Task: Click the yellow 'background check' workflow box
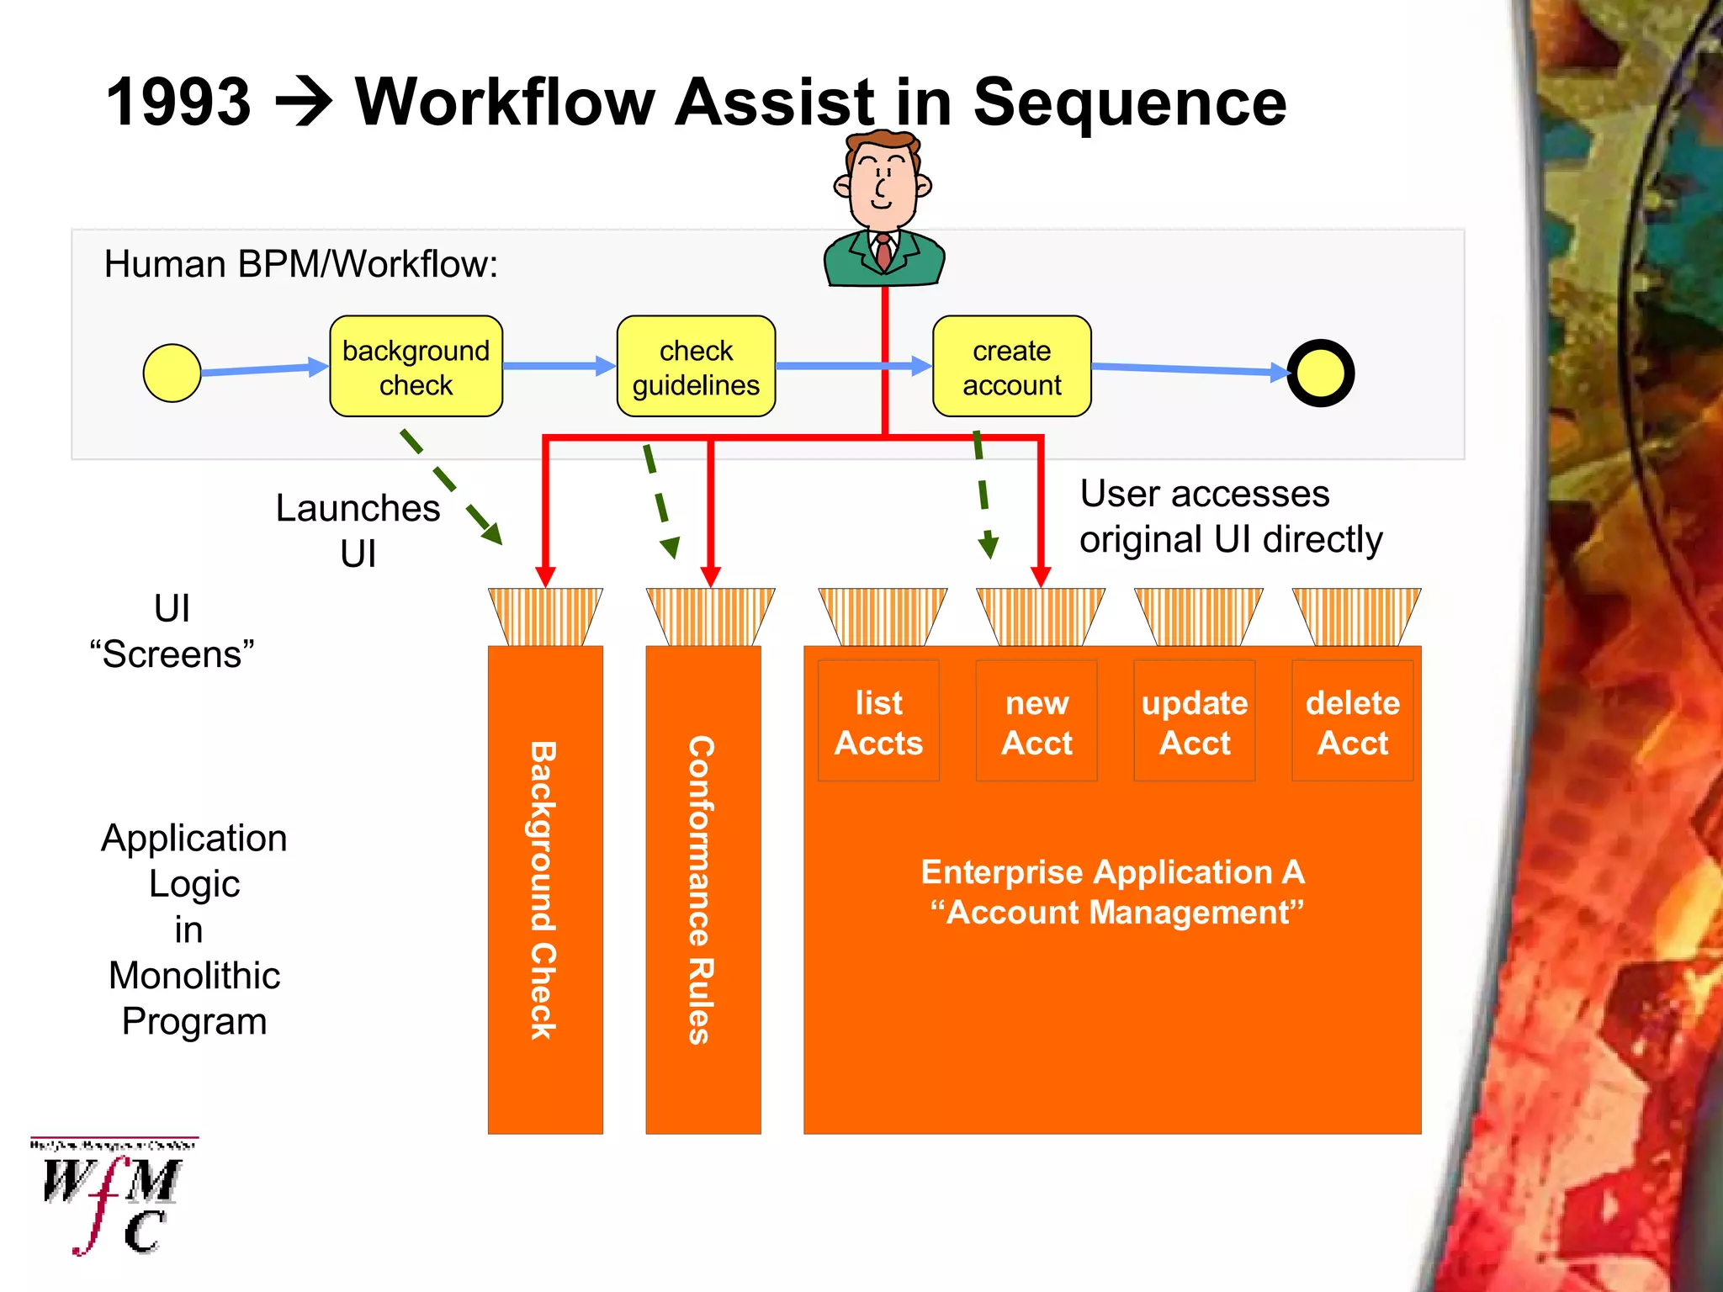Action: [416, 367]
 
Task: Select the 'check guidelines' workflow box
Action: [696, 367]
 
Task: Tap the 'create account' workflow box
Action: [1011, 367]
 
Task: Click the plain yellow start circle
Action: [172, 373]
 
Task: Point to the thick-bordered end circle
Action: [1320, 373]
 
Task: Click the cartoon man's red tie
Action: [883, 252]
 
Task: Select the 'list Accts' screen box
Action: [878, 721]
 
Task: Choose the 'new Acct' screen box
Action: [1036, 721]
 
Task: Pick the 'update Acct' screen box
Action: [1194, 721]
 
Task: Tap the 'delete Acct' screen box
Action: [1352, 721]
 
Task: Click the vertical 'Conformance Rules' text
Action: [702, 890]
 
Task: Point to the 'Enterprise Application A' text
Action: [1112, 872]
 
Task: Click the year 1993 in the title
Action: [178, 103]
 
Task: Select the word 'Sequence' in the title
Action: [1129, 103]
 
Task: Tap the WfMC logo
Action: [113, 1196]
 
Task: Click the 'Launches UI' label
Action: [358, 531]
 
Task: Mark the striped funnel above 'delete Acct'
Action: [1356, 617]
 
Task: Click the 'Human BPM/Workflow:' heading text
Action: [301, 264]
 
